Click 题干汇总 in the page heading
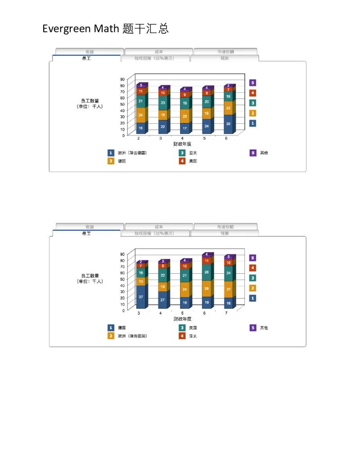pyautogui.click(x=146, y=29)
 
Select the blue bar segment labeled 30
pyautogui.click(x=228, y=124)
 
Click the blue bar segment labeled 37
pyautogui.click(x=140, y=297)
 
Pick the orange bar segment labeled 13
pyautogui.click(x=140, y=281)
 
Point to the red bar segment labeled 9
pyautogui.click(x=184, y=95)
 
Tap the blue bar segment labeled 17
pyautogui.click(x=184, y=128)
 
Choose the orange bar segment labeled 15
pyautogui.click(x=162, y=287)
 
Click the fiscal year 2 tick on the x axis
pyautogui.click(x=138, y=138)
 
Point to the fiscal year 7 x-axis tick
pyautogui.click(x=226, y=313)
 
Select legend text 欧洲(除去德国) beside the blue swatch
pyautogui.click(x=132, y=153)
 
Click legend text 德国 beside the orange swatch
pyautogui.click(x=121, y=161)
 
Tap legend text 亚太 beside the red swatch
pyautogui.click(x=193, y=336)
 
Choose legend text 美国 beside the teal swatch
pyautogui.click(x=193, y=328)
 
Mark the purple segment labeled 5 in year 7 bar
pyautogui.click(x=228, y=257)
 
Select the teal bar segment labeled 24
pyautogui.click(x=228, y=273)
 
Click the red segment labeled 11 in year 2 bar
pyautogui.click(x=140, y=91)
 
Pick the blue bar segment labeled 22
pyautogui.click(x=162, y=127)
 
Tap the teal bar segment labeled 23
pyautogui.click(x=162, y=103)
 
